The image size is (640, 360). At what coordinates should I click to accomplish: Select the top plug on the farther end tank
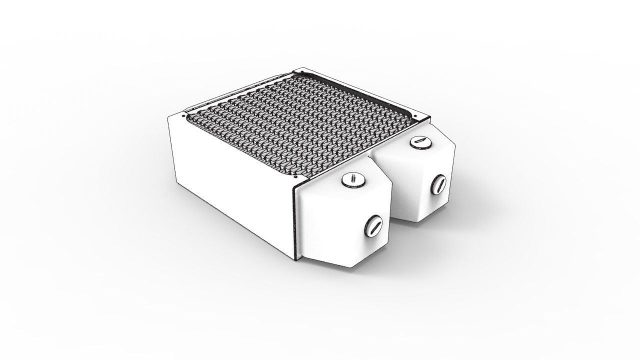point(420,142)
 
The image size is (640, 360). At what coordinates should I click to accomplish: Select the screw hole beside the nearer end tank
point(296,176)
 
